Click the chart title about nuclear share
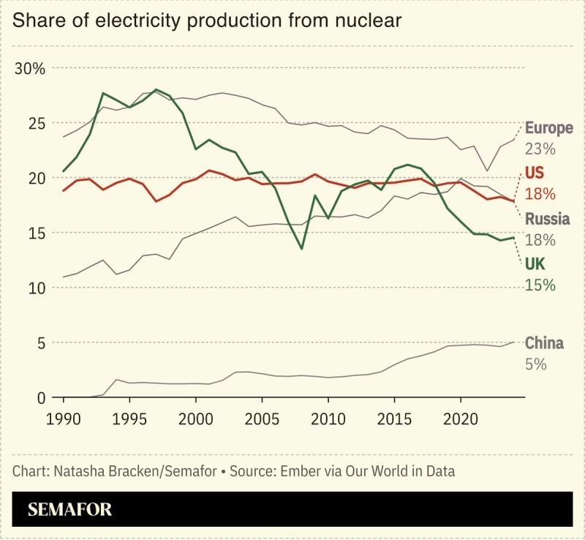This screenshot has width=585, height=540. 207,20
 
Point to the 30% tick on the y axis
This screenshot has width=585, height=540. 30,69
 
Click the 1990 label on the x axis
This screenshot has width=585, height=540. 64,421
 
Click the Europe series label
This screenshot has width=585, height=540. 548,128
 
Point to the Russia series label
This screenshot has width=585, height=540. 546,219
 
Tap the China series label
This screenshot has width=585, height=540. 544,343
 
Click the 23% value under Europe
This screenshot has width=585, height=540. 540,149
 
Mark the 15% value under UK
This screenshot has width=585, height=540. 540,285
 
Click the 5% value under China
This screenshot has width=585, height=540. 535,364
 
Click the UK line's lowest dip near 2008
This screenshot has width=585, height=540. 301,249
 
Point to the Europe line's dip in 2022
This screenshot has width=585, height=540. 487,170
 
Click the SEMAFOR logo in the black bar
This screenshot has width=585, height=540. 70,509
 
